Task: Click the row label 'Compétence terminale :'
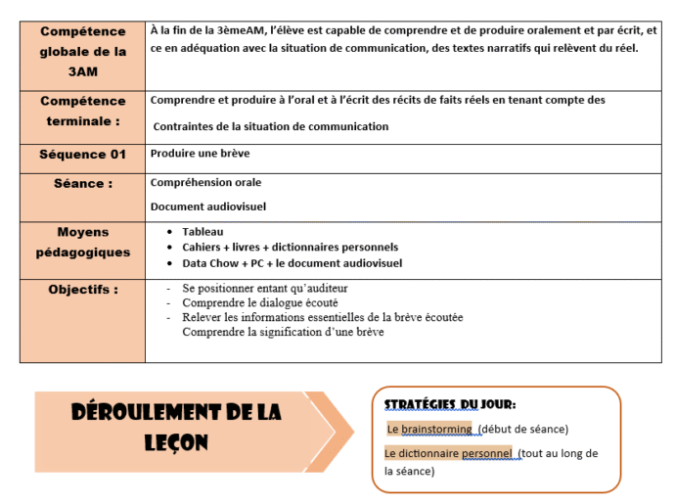83,111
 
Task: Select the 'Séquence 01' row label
83,155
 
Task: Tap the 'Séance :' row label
83,183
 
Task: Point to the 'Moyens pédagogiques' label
83,242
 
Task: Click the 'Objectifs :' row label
83,290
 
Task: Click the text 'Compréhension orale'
205,182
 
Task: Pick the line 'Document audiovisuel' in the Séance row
207,206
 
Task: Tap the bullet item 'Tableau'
202,232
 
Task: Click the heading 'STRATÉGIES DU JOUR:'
449,405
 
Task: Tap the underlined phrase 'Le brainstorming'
429,429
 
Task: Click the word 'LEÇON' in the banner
175,442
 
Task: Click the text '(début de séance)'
523,429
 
